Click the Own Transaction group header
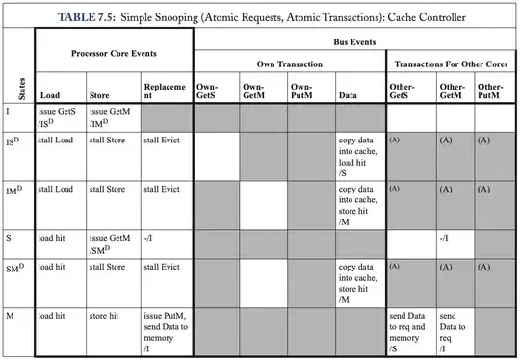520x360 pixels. (x=290, y=63)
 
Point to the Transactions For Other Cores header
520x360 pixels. (x=452, y=63)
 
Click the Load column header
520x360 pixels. (x=50, y=95)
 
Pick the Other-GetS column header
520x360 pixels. (x=403, y=91)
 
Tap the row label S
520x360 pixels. (x=9, y=235)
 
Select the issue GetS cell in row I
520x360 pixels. (x=60, y=117)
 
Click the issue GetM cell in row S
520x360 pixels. (x=112, y=241)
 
